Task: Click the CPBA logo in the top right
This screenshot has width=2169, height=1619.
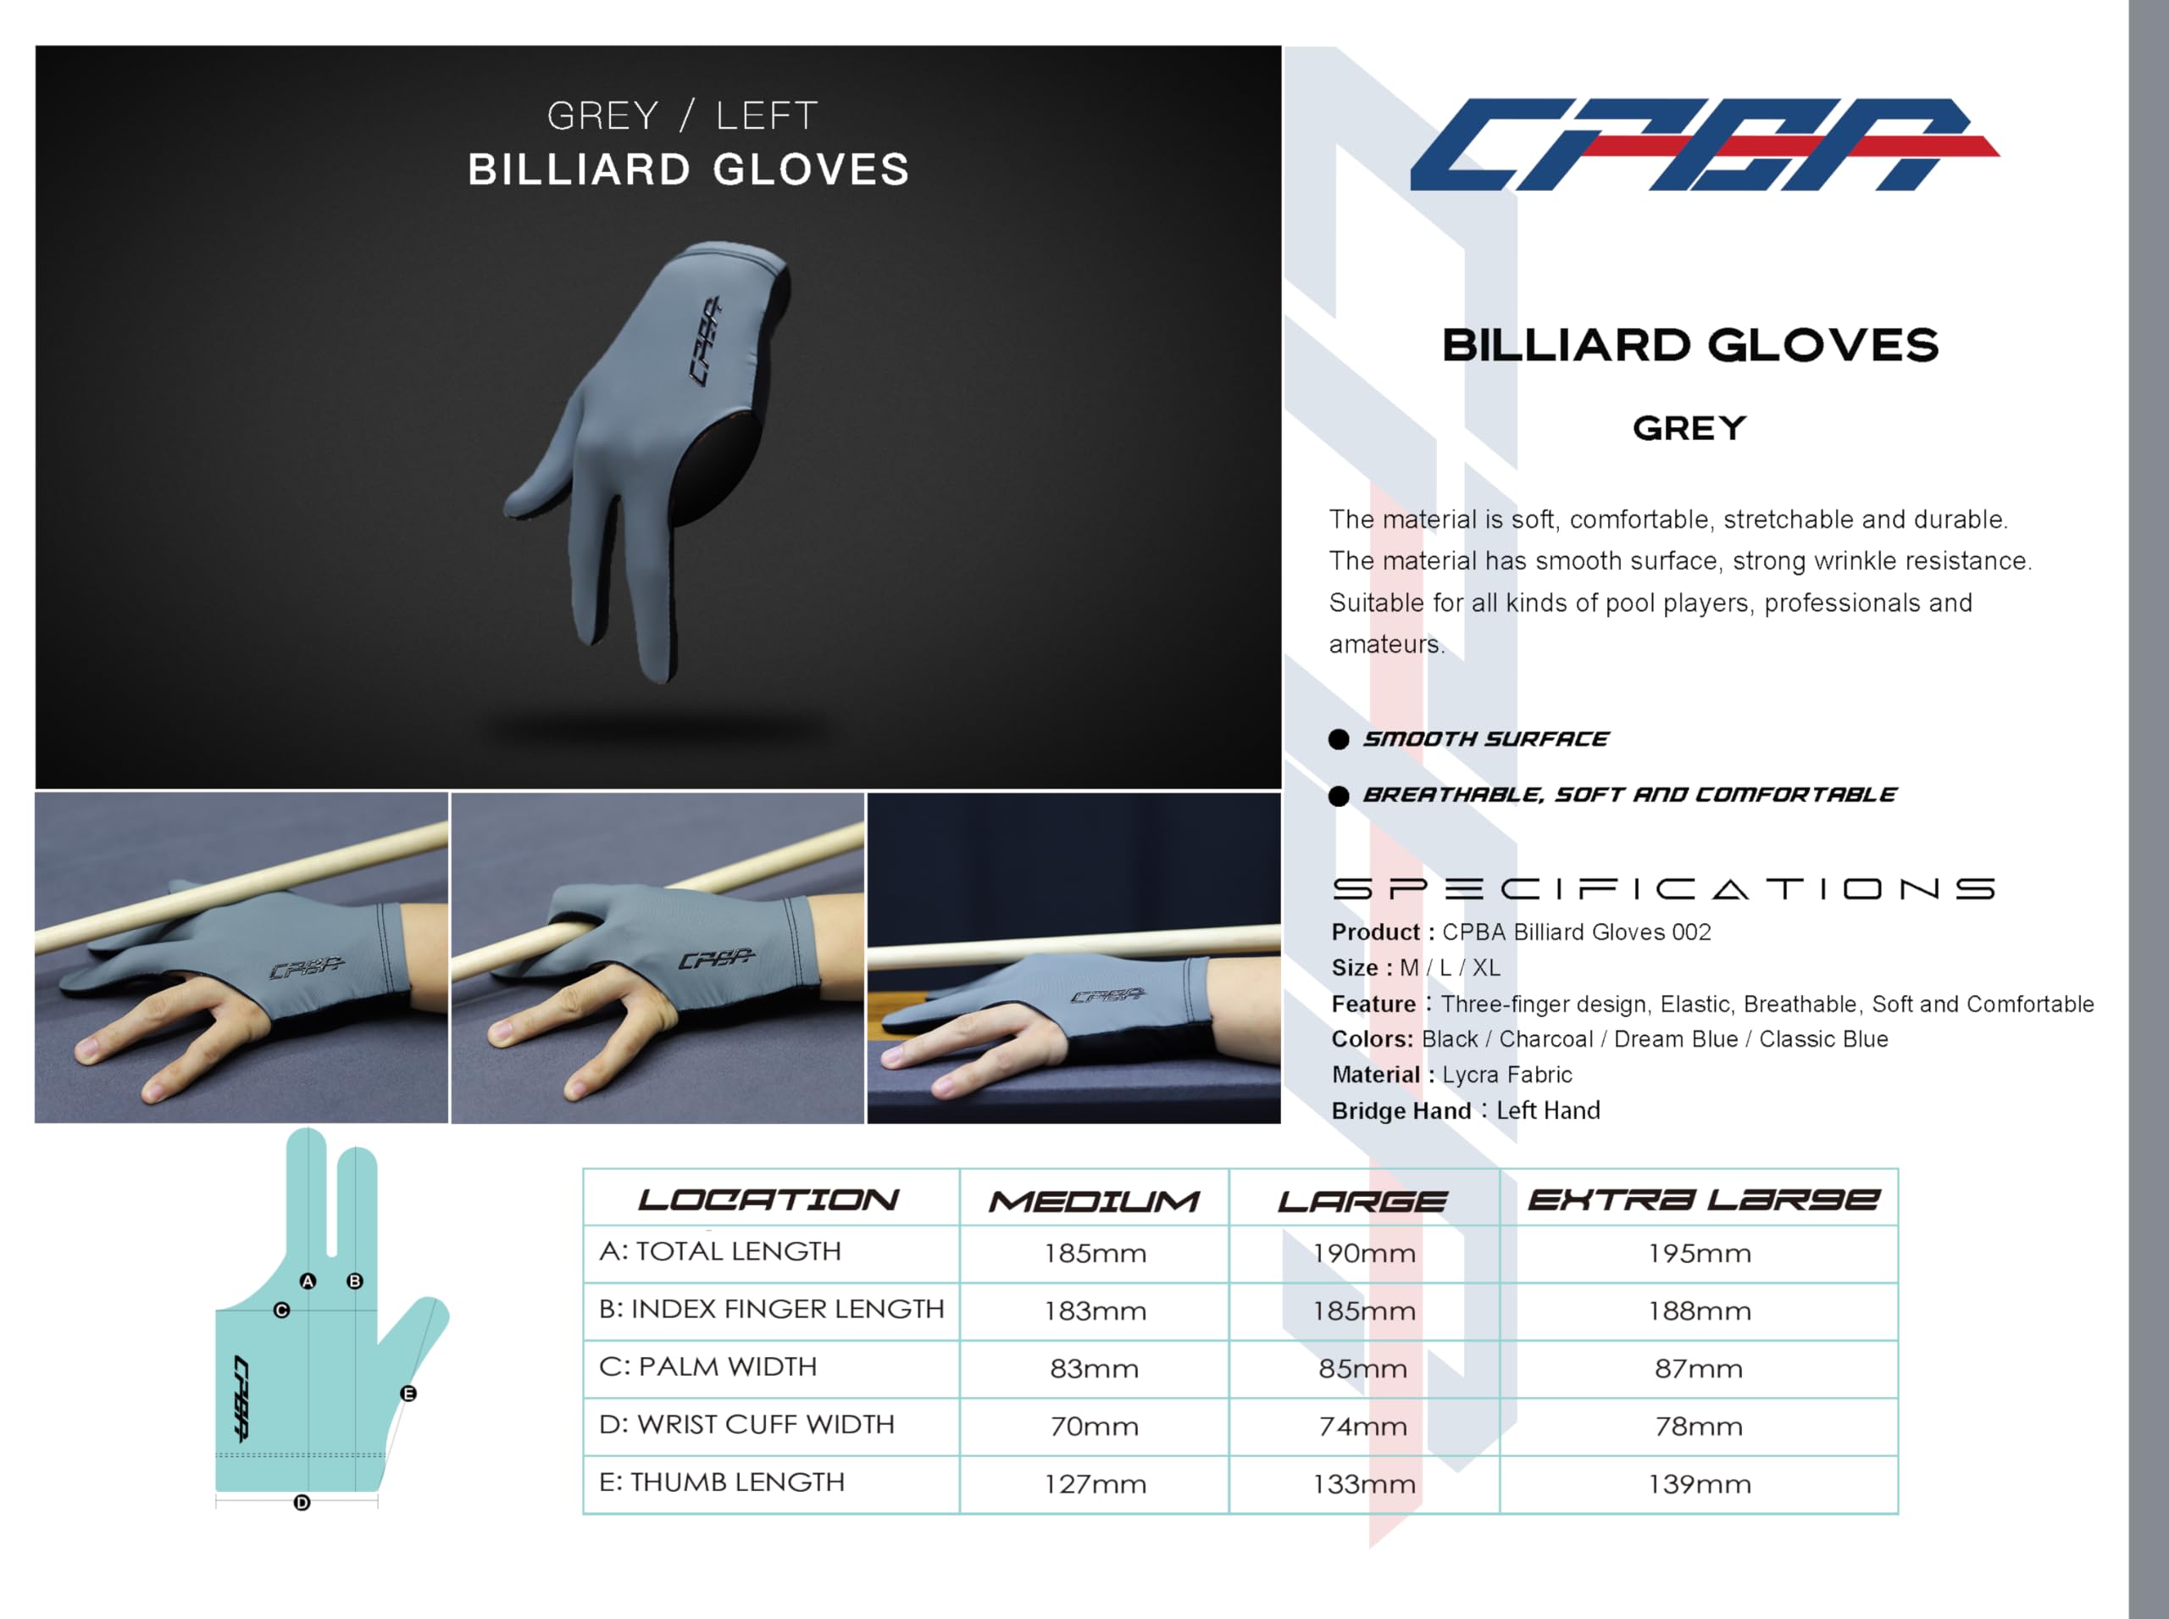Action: click(x=1704, y=144)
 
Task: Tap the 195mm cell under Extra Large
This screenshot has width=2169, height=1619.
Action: click(x=1699, y=1254)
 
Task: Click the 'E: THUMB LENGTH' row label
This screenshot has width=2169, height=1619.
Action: click(x=721, y=1482)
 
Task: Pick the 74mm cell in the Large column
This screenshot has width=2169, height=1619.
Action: click(x=1362, y=1426)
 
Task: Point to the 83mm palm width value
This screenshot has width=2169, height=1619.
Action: click(x=1095, y=1368)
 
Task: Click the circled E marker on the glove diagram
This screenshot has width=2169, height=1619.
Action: click(x=408, y=1394)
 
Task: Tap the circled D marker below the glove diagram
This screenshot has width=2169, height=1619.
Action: click(x=302, y=1502)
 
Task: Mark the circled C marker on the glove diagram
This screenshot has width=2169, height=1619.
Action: click(x=282, y=1310)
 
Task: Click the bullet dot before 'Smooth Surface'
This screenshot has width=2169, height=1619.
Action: click(x=1338, y=739)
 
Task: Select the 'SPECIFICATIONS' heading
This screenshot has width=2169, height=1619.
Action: click(x=1663, y=889)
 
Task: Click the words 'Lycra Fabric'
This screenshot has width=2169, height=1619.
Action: click(x=1506, y=1075)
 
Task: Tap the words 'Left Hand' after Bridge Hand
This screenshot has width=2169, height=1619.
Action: click(x=1548, y=1110)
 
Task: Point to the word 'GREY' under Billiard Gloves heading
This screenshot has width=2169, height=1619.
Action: click(x=1689, y=428)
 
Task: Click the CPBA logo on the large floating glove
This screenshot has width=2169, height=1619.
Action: click(x=707, y=340)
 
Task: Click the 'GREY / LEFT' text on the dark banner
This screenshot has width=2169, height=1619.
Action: click(x=682, y=115)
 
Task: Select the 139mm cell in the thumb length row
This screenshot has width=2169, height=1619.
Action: click(x=1699, y=1483)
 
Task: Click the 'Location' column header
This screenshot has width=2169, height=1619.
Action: click(x=768, y=1200)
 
